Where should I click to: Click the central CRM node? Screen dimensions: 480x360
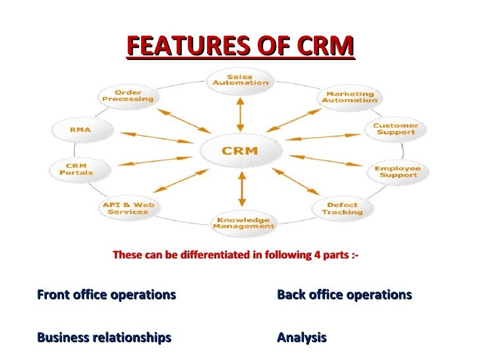tap(239, 151)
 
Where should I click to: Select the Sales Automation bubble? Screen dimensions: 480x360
tap(239, 80)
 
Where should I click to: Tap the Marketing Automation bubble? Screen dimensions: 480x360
tap(349, 97)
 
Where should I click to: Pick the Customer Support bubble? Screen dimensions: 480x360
tap(395, 129)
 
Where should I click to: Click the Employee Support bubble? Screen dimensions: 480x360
tap(396, 171)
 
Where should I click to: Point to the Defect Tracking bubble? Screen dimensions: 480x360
tap(342, 208)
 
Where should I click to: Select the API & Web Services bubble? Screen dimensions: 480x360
tap(128, 208)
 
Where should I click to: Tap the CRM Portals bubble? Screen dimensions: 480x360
tap(76, 169)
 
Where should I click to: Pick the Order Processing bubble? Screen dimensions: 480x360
tap(128, 96)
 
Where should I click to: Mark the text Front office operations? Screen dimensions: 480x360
tap(107, 295)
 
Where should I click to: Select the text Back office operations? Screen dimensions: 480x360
tap(344, 295)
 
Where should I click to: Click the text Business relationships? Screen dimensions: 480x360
tap(104, 338)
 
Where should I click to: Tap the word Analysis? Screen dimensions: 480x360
tap(301, 338)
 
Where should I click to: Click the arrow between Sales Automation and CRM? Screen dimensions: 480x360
tap(240, 113)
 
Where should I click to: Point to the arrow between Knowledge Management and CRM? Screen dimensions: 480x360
tap(241, 190)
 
